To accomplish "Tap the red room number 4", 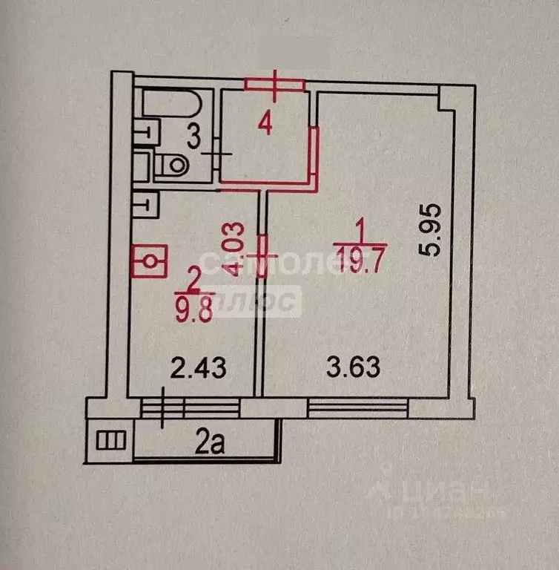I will [265, 123].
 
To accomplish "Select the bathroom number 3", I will [192, 137].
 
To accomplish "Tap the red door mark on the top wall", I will [275, 85].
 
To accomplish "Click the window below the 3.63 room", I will [358, 407].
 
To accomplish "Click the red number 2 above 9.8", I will [193, 281].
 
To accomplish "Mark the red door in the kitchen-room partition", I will [261, 255].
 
